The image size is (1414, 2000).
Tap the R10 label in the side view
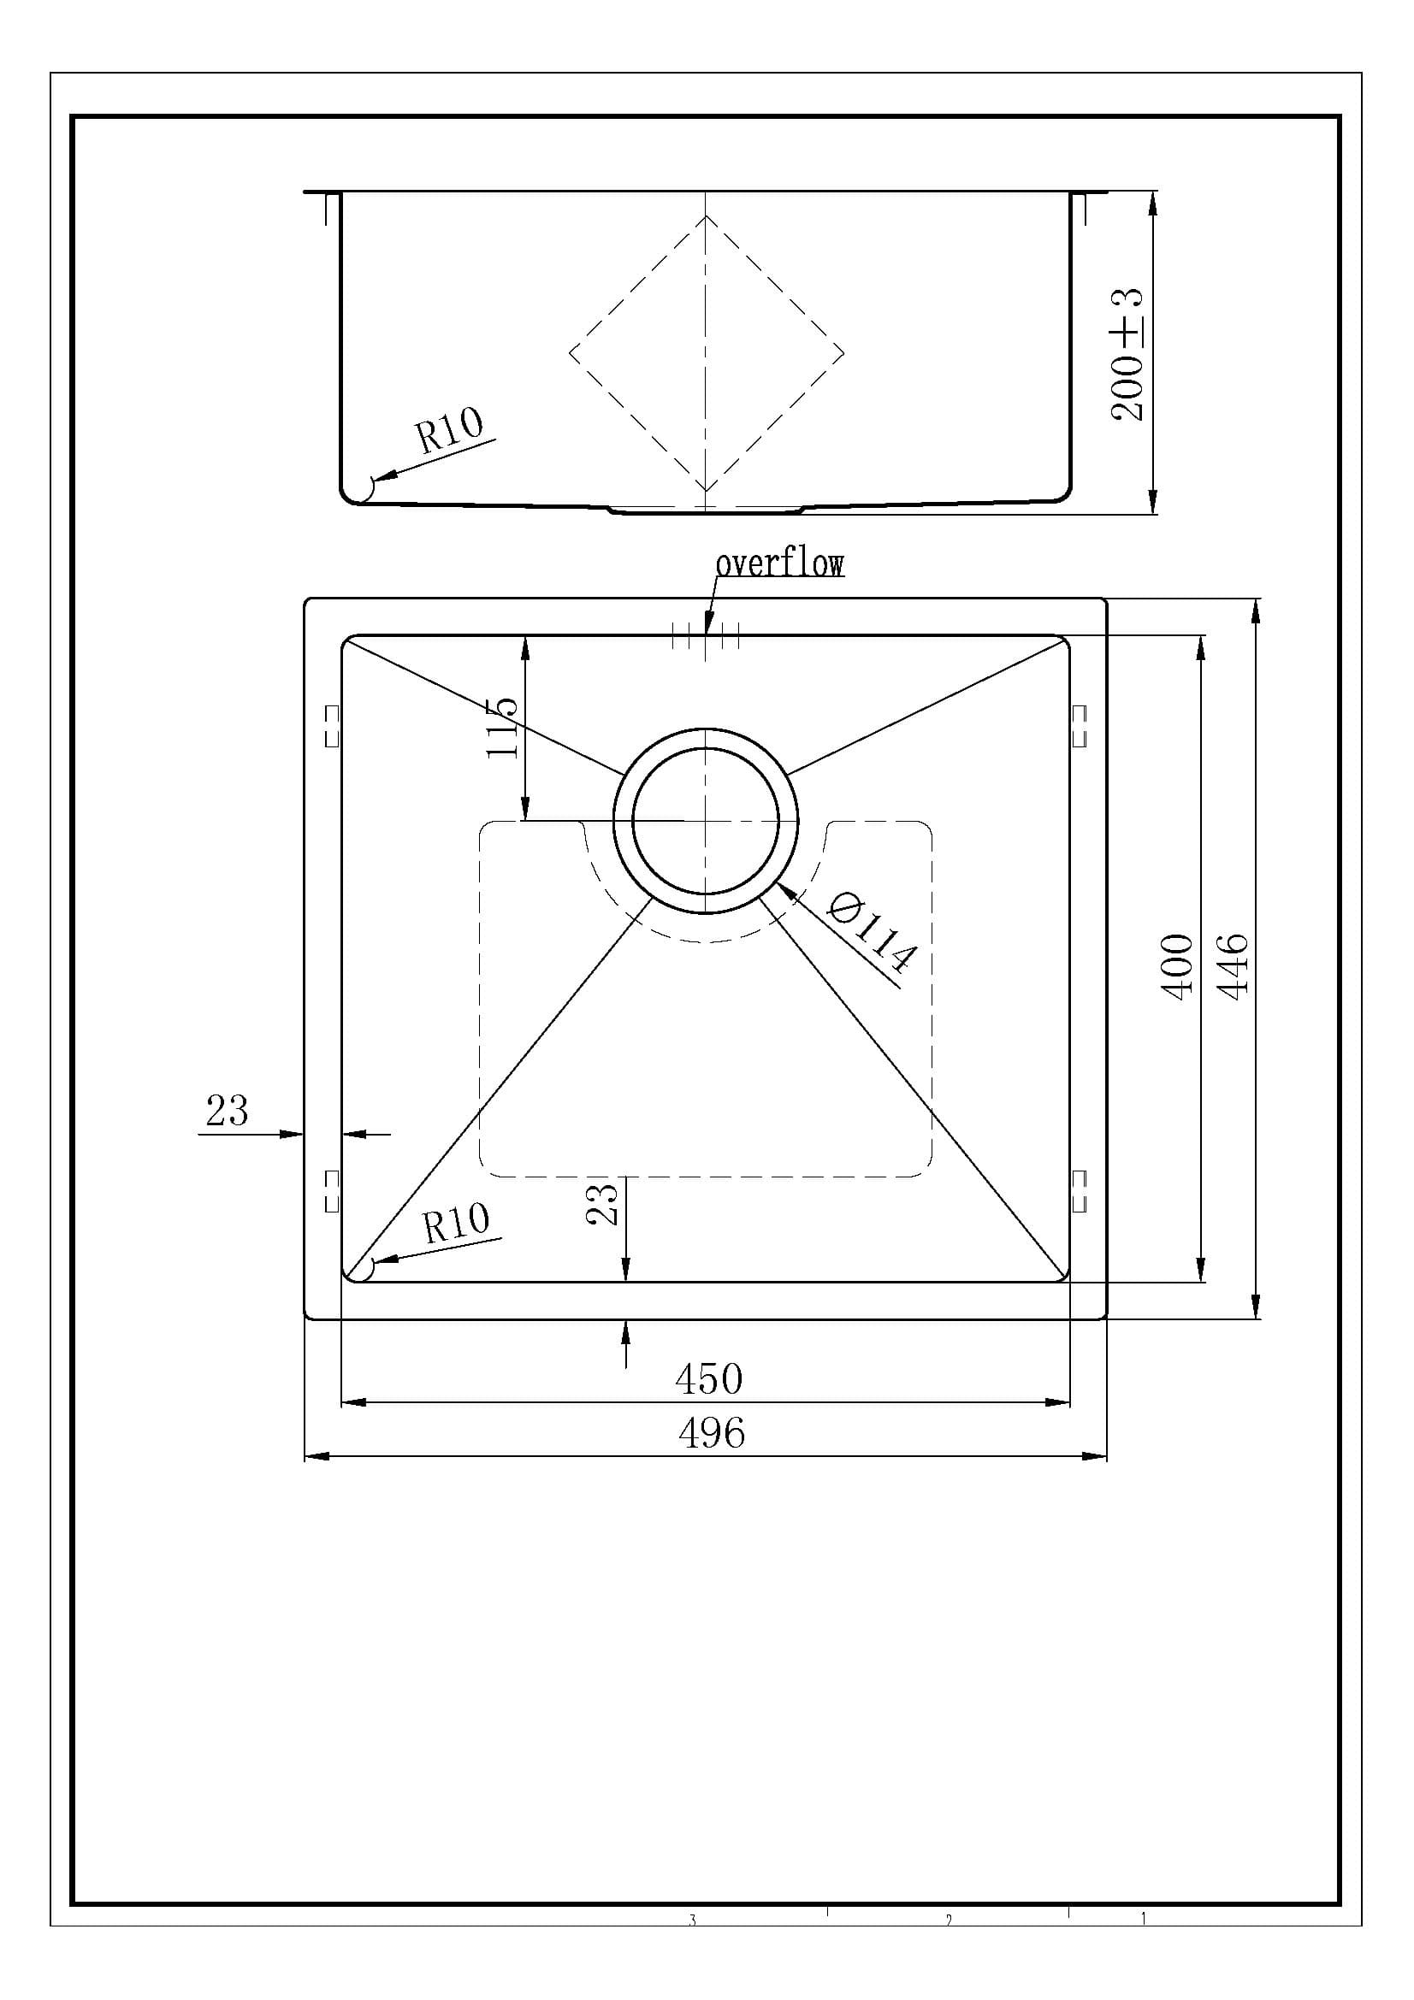(x=449, y=430)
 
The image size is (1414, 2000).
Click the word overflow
(x=779, y=563)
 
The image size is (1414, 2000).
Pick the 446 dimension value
(x=1234, y=966)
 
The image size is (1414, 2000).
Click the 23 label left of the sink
(x=227, y=1111)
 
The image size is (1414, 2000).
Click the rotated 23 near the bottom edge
(x=603, y=1203)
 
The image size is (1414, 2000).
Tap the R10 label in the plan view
(x=456, y=1222)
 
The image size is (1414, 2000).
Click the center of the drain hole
(x=706, y=822)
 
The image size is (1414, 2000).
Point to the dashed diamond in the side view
(x=707, y=354)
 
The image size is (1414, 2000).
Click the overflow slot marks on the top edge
(x=706, y=636)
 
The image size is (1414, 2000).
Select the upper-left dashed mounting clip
(x=331, y=727)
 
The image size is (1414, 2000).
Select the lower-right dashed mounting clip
(x=1080, y=1191)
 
